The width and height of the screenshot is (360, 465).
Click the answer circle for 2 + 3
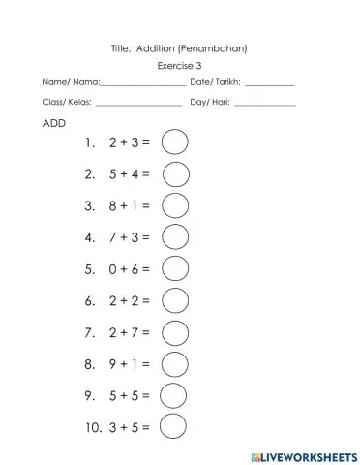coord(174,142)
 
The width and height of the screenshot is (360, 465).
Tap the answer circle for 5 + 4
coord(175,174)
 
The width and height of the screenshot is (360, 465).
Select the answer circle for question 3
coord(175,205)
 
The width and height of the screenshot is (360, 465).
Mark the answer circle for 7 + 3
coord(175,237)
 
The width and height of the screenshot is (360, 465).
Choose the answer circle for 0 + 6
coord(175,268)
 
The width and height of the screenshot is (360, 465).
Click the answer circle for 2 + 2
coord(175,300)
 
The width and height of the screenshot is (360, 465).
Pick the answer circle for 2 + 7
coord(174,332)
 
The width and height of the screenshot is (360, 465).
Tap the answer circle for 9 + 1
coord(174,364)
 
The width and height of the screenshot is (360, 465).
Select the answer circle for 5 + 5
coord(173,395)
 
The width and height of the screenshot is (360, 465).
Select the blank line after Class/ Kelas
coord(138,104)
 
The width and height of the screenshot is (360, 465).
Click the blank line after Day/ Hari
coord(264,104)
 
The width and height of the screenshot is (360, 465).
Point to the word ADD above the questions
coord(54,124)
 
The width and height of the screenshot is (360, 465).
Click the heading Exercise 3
coord(179,66)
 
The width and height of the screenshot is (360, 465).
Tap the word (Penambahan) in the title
coord(218,47)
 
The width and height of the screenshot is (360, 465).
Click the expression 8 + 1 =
coord(130,206)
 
